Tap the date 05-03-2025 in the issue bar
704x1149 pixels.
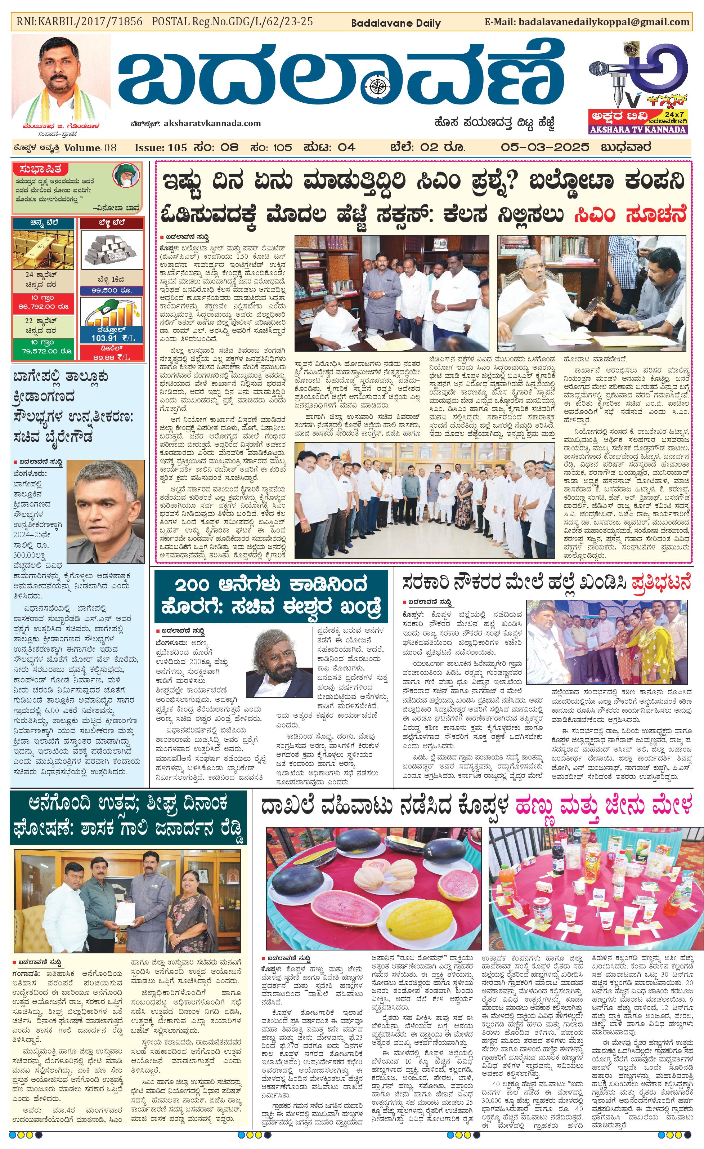tap(545, 148)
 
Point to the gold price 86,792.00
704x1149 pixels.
tap(43, 306)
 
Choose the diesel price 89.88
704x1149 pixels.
tap(105, 357)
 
